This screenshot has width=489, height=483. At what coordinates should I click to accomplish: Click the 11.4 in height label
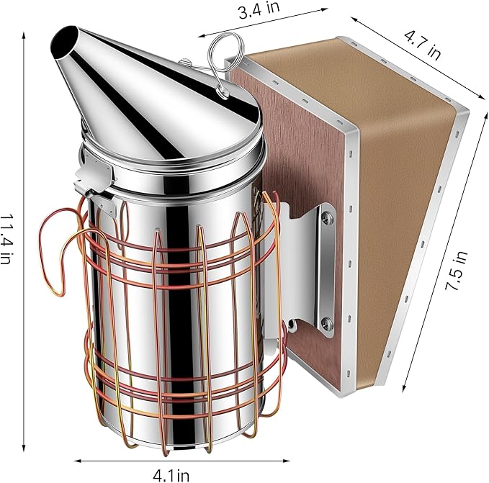click(x=6, y=239)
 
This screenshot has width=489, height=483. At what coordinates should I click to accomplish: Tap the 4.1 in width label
click(x=171, y=476)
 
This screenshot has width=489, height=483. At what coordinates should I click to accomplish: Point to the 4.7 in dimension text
click(x=423, y=44)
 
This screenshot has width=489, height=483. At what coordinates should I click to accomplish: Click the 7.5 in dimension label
click(x=457, y=271)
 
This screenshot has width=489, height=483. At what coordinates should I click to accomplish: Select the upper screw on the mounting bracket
click(x=327, y=216)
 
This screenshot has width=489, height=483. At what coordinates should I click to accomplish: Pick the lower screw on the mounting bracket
click(x=327, y=322)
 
